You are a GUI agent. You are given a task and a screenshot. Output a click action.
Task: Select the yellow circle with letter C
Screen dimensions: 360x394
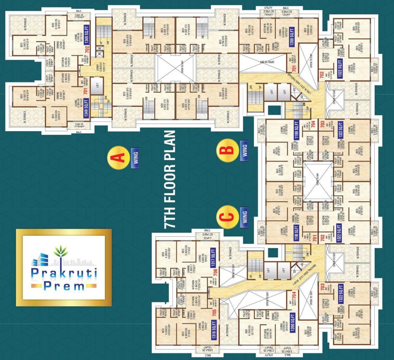227,217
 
